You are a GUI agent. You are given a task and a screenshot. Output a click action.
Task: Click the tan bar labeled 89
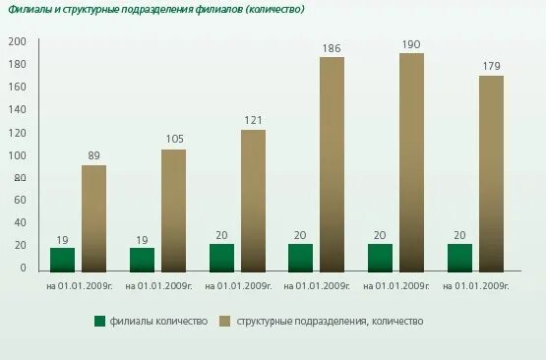click(94, 217)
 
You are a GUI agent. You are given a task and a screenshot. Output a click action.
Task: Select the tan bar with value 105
click(174, 210)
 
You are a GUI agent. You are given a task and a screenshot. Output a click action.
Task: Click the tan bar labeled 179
click(492, 172)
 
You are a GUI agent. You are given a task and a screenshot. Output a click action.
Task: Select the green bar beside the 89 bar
click(63, 259)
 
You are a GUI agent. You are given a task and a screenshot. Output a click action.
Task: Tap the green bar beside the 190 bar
click(381, 257)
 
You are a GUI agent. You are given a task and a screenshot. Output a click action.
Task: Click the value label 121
click(253, 120)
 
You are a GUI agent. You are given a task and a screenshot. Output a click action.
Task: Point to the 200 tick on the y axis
click(17, 41)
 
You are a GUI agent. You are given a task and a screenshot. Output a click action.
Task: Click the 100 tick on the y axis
click(17, 155)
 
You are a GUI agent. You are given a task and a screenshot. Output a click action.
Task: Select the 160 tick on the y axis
click(17, 87)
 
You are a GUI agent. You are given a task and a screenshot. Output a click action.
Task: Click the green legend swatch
click(99, 321)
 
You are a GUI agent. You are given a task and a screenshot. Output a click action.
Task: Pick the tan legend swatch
click(224, 321)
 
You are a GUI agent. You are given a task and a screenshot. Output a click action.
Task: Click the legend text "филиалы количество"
click(159, 322)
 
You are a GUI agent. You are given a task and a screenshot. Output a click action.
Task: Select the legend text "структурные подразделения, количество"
click(331, 322)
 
